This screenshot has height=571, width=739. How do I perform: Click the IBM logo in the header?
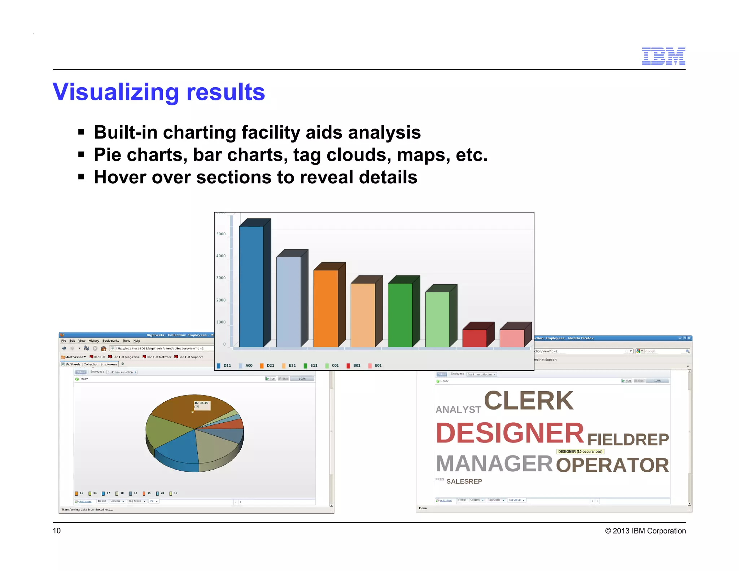click(663, 56)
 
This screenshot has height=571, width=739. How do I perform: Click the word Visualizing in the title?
click(115, 92)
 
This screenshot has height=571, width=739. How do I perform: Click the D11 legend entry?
click(224, 366)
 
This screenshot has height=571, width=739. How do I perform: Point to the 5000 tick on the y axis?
click(221, 234)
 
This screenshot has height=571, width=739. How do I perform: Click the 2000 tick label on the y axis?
click(221, 300)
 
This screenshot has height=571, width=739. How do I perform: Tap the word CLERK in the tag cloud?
click(529, 401)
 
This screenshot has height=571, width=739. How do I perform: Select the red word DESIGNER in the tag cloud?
click(510, 433)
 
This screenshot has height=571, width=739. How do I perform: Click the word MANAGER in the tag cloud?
click(494, 464)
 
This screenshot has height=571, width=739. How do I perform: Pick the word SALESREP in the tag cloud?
click(464, 481)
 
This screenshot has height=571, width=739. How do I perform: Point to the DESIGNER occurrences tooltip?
click(580, 452)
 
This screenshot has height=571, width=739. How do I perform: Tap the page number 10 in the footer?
click(57, 531)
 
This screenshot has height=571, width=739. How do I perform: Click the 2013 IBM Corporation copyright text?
click(646, 531)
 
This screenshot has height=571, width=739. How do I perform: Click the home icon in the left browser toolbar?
click(104, 348)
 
